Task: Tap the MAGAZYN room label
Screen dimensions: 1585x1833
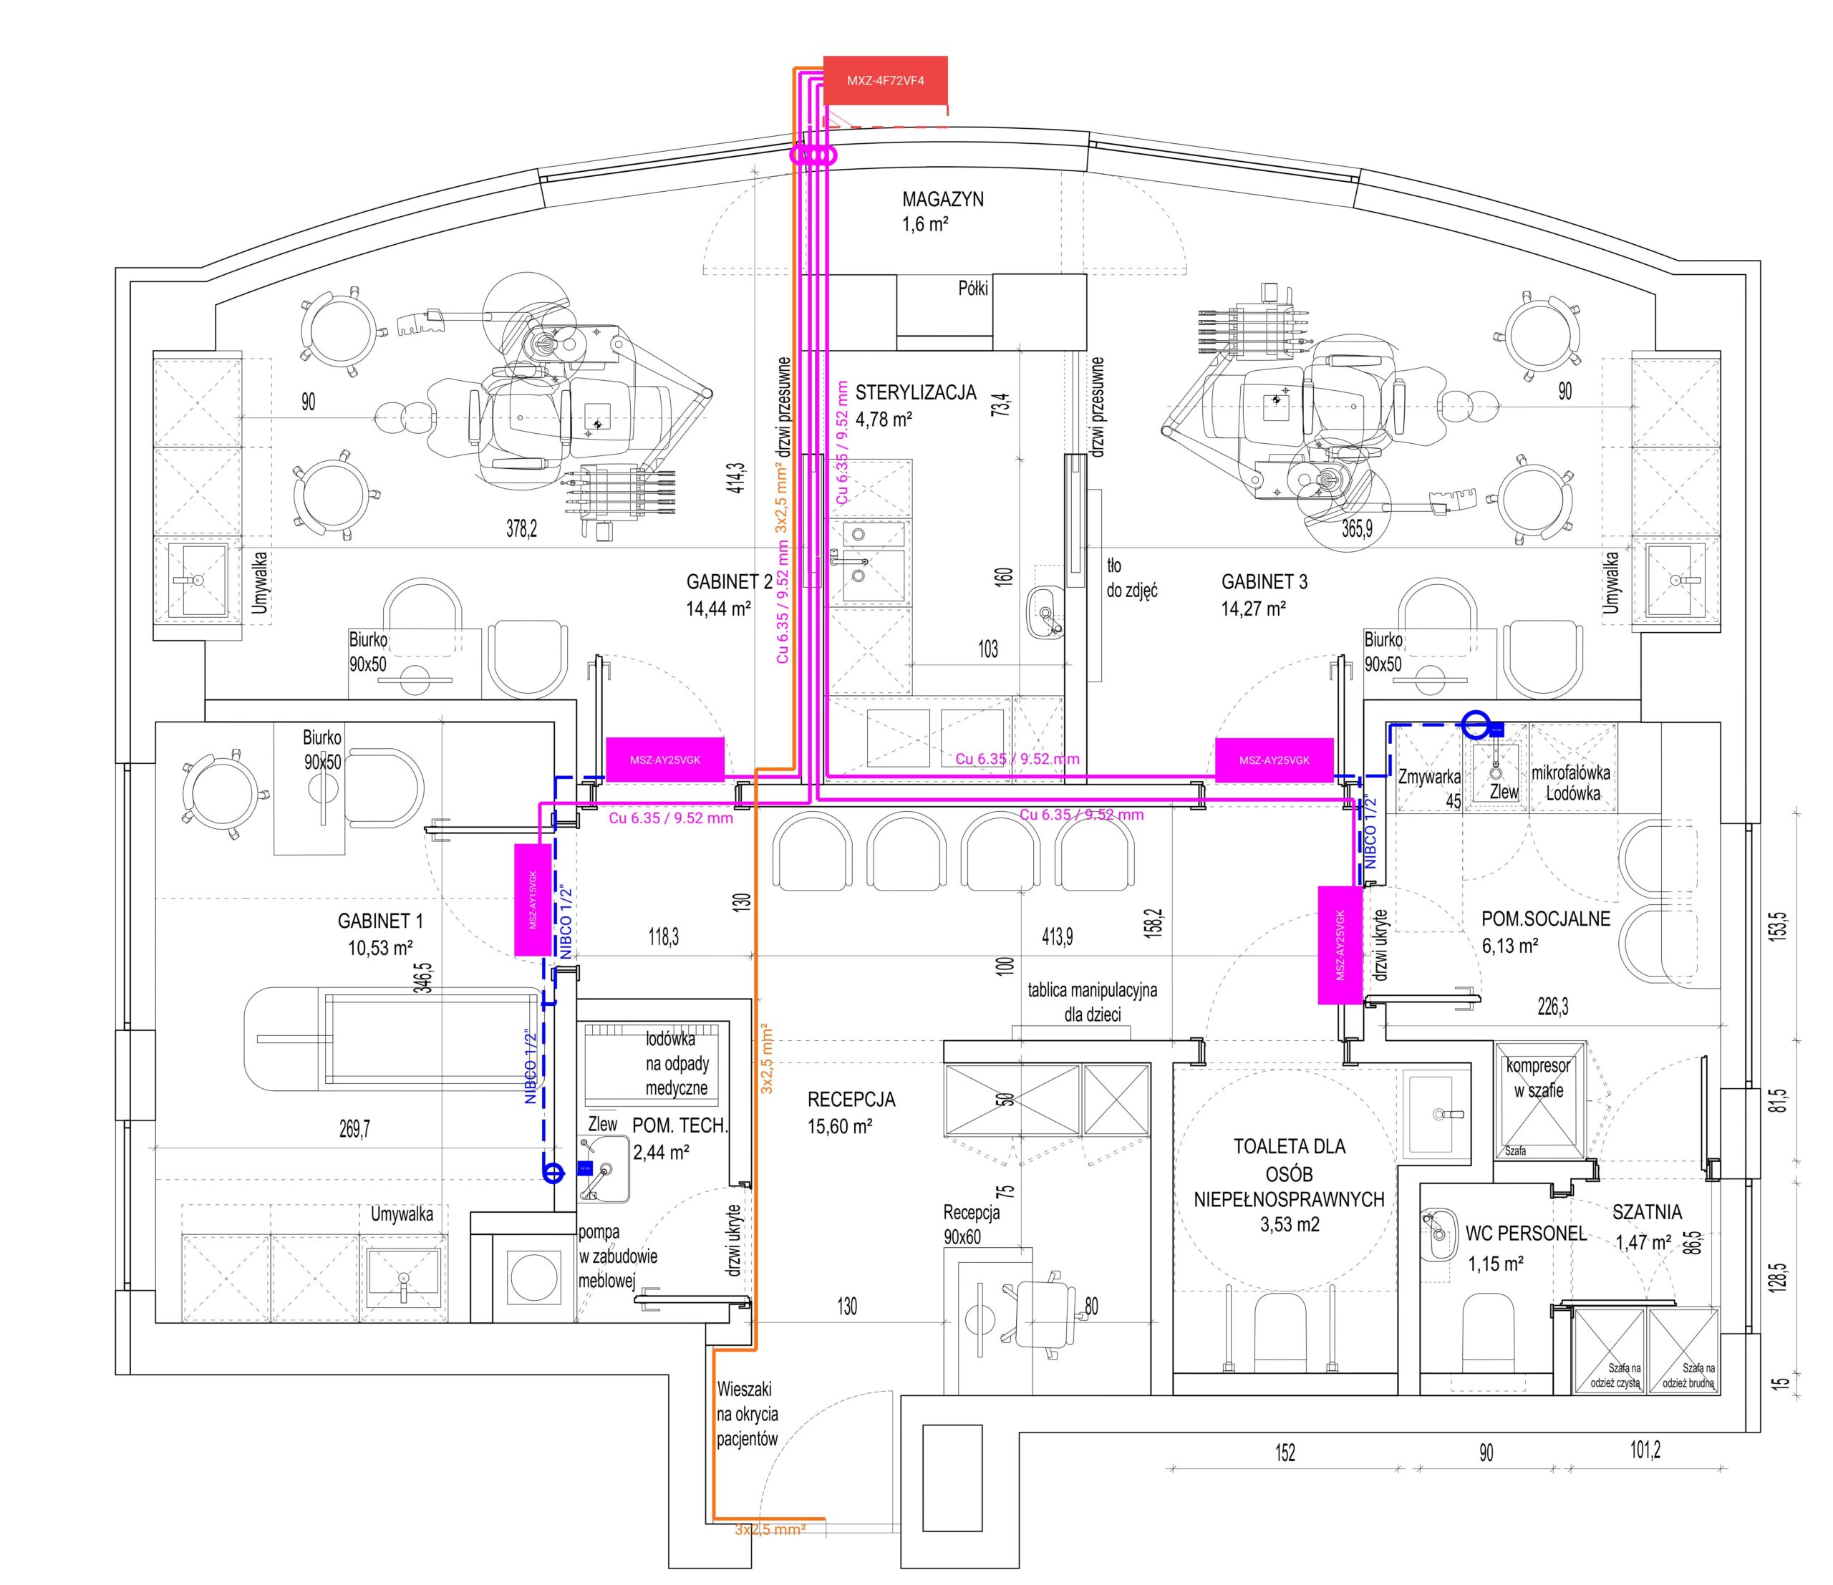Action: (942, 211)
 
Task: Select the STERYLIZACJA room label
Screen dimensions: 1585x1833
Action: (915, 404)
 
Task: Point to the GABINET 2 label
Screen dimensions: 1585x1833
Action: (729, 594)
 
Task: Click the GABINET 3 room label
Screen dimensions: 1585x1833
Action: (1264, 594)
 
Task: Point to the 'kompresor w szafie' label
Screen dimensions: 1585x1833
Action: (1539, 1078)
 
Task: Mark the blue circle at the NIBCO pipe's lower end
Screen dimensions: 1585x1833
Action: (553, 1173)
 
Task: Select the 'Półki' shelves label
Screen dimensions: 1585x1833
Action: (973, 289)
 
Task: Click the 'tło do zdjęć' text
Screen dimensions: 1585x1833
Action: (1131, 578)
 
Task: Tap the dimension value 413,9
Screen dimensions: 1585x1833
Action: (1057, 936)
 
